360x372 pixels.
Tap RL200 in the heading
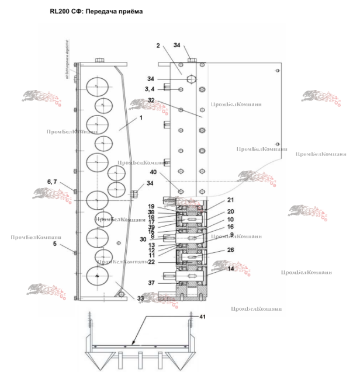[61, 11]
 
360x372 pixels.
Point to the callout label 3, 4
[151, 89]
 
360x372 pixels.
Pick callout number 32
[151, 100]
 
